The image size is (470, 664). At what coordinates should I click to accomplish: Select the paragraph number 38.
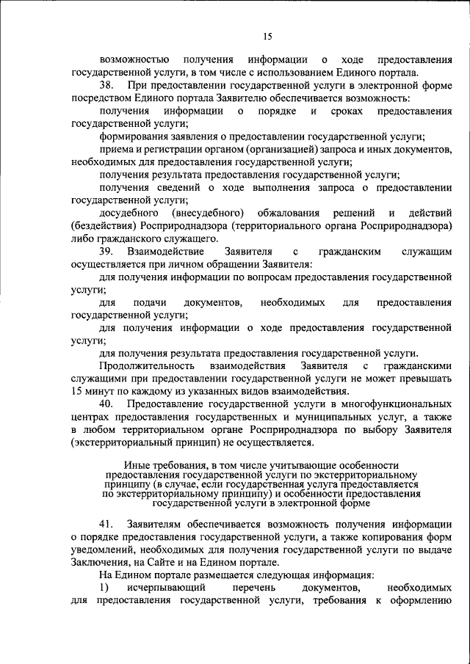[107, 87]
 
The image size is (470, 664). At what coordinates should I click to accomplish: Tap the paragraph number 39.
[107, 252]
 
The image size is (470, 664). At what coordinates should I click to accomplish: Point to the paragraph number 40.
[107, 404]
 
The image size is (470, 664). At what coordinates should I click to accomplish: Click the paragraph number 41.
[107, 523]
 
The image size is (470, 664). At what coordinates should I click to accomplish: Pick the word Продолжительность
[147, 365]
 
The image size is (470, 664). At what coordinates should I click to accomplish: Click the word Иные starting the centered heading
[137, 465]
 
